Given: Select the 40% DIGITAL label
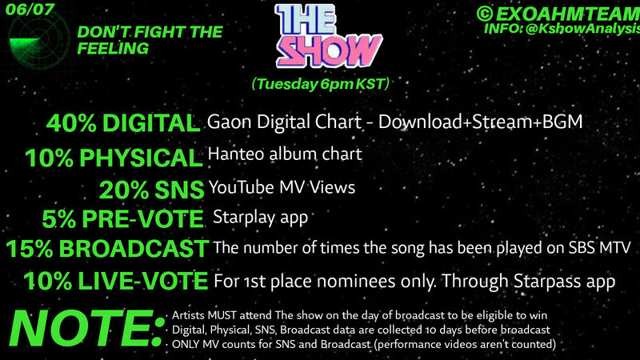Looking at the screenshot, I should [122, 123].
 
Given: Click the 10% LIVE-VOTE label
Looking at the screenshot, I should [117, 282].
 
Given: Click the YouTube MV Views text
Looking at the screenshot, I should [282, 186].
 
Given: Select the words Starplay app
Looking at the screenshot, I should [260, 217].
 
